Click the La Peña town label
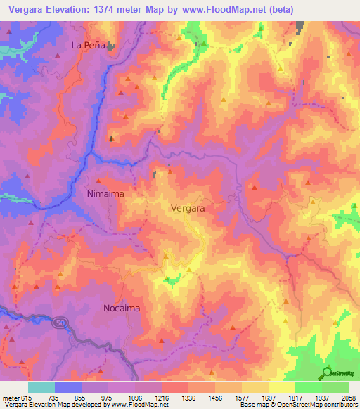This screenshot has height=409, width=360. (89, 45)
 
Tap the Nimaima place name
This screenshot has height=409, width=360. (105, 192)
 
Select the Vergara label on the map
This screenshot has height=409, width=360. (188, 208)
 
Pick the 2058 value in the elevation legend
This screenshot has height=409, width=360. (349, 397)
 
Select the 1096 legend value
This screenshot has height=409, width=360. (134, 397)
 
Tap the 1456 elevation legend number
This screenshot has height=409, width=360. (215, 397)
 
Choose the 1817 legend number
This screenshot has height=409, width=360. (295, 397)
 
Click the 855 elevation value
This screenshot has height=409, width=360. (80, 397)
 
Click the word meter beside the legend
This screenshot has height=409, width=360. (10, 397)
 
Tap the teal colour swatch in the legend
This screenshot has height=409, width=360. (41, 387)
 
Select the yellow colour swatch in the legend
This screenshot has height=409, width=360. (281, 387)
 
